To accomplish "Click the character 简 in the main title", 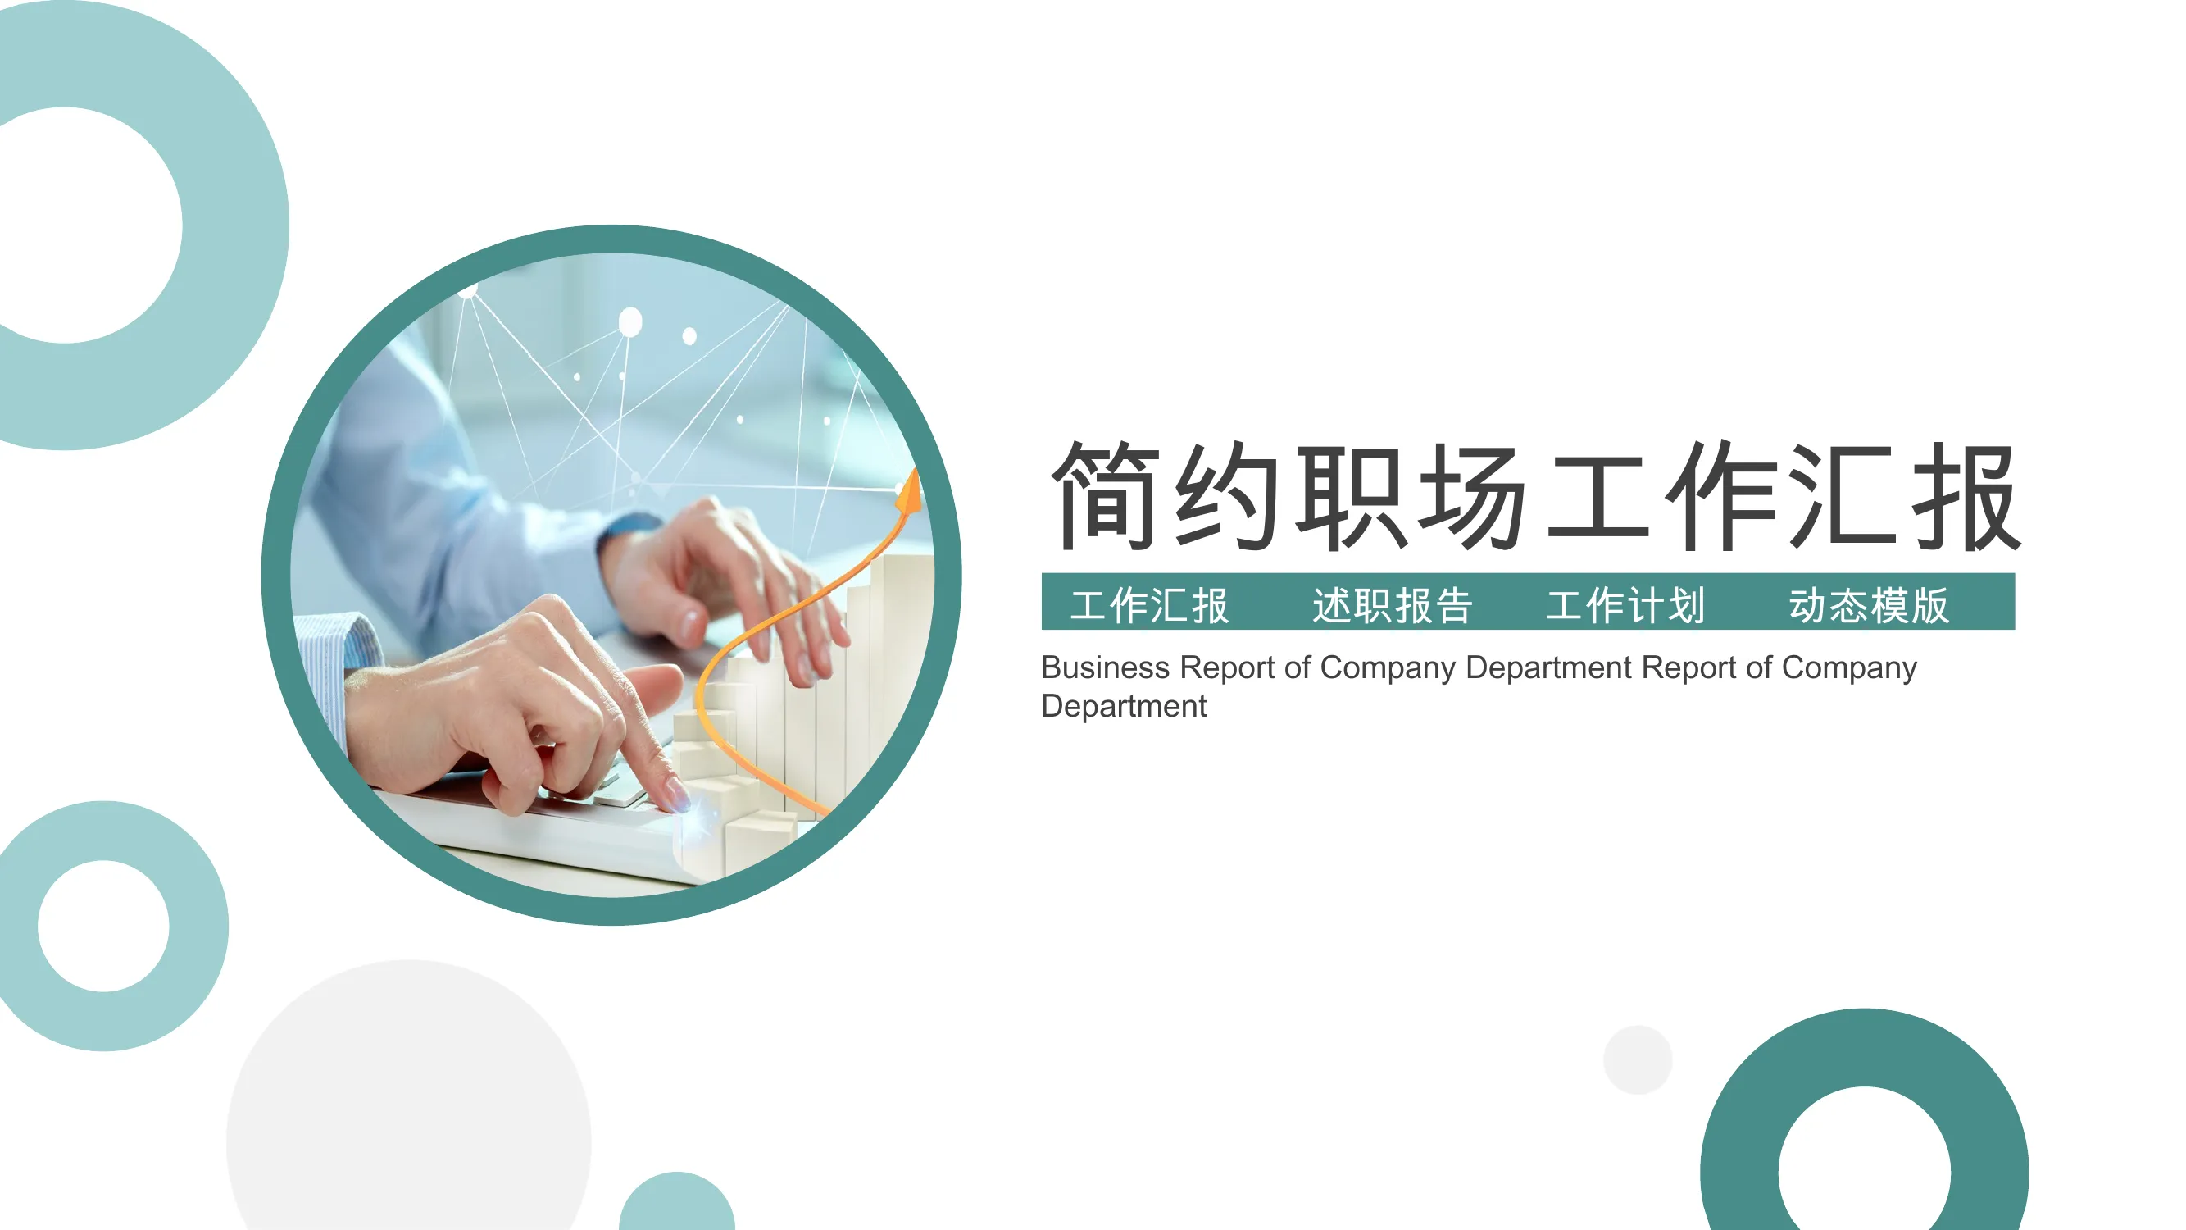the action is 1105,496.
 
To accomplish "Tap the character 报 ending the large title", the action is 1967,496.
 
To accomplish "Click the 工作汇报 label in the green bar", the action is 1150,605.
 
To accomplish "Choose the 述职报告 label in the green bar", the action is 1393,605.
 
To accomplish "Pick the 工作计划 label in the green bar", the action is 1626,605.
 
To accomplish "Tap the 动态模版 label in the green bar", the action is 1869,605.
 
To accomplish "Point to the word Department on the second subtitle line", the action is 1124,706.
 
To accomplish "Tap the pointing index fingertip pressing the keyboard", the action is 677,799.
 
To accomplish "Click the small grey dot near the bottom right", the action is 1638,1059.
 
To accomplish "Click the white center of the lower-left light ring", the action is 103,926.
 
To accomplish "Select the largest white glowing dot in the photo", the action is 630,322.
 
